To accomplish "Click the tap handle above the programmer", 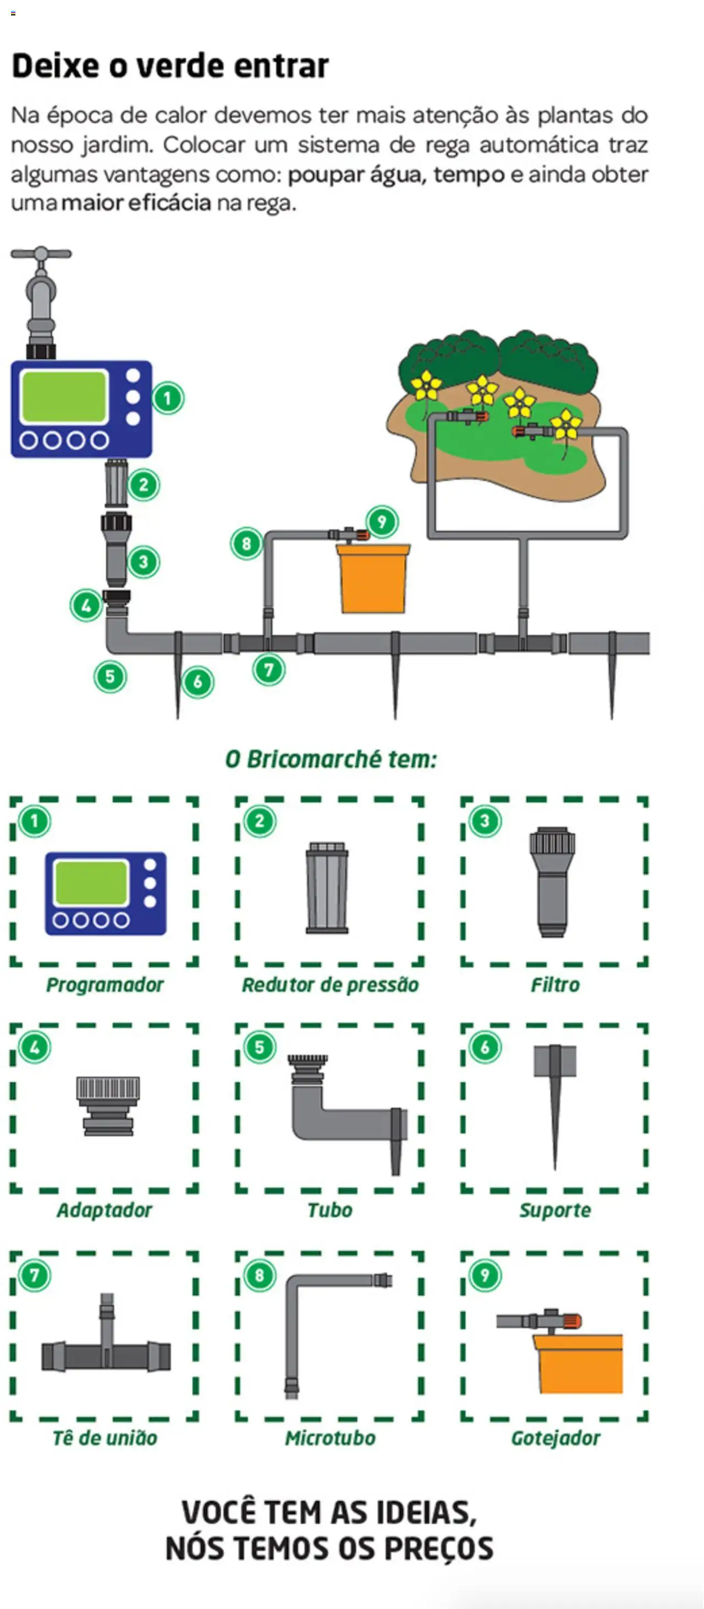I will tap(41, 254).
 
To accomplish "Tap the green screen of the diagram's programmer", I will tap(64, 396).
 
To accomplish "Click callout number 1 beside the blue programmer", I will tap(167, 398).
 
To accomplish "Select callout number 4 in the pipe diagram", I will tap(86, 605).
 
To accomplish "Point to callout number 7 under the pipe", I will tap(268, 670).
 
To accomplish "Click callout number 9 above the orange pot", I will tap(382, 521).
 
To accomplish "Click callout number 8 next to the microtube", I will tap(246, 543).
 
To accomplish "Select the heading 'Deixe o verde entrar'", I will tap(170, 65).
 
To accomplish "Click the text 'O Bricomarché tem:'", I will tap(331, 759).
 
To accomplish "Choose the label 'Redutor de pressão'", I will tap(330, 985).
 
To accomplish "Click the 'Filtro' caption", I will tap(555, 985).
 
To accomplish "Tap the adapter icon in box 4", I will tap(108, 1105).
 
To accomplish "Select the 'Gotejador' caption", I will tap(555, 1438).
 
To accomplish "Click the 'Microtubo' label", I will tap(330, 1438).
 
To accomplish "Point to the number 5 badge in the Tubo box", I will tap(260, 1047).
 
